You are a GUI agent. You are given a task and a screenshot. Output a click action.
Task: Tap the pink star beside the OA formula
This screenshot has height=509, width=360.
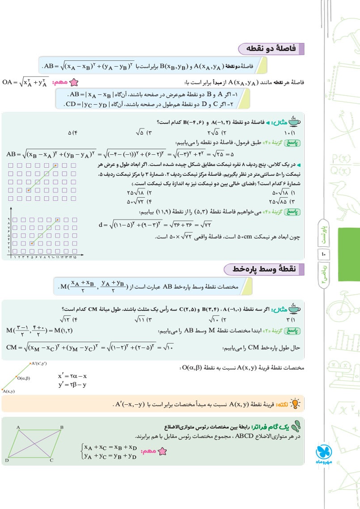[x=74, y=83]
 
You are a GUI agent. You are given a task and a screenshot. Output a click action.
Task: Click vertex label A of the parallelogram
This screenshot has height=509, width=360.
[x=18, y=428]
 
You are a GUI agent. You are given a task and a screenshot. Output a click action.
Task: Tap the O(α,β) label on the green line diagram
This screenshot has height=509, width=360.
[x=23, y=378]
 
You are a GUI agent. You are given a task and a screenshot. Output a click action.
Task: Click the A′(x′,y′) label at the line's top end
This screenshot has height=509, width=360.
[x=39, y=364]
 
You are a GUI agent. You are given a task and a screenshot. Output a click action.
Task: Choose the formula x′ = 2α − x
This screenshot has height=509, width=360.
[x=72, y=376]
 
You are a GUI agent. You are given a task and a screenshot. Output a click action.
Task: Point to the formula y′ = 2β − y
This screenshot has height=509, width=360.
[x=72, y=384]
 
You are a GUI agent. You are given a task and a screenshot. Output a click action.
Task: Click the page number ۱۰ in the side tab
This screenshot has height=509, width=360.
[x=324, y=254]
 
